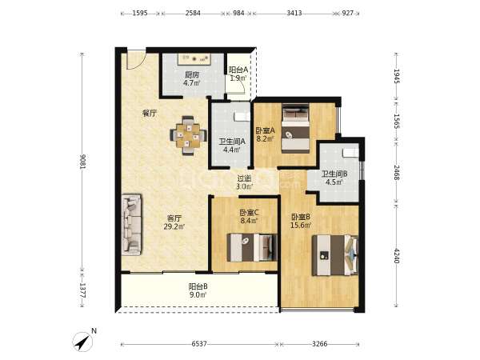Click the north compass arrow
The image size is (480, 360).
click(82, 342)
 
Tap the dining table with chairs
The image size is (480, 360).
click(188, 135)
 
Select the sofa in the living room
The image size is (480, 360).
click(132, 225)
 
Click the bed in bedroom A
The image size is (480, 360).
click(295, 128)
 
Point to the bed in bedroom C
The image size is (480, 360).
click(252, 247)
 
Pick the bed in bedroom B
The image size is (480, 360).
click(335, 255)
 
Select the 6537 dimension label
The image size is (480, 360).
click(199, 344)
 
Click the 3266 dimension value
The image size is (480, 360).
click(319, 344)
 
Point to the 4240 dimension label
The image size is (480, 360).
click(397, 256)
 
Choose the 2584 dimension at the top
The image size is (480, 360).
click(193, 13)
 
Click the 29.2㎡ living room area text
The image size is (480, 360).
click(174, 227)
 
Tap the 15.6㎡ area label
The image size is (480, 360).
click(302, 226)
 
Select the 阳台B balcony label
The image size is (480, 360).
click(198, 286)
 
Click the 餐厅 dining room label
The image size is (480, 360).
click(150, 114)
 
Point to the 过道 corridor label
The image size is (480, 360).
click(245, 178)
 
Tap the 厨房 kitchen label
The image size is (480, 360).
click(192, 74)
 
